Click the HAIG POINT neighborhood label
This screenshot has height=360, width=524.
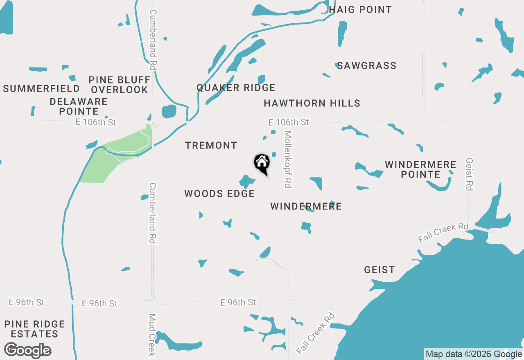click(360, 9)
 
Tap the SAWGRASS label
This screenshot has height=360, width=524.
click(366, 65)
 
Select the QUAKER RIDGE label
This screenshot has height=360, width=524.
click(236, 88)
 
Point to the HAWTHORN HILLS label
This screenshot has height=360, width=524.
click(312, 103)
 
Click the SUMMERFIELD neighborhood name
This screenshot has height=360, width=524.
click(41, 88)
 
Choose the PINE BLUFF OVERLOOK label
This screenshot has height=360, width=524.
click(119, 85)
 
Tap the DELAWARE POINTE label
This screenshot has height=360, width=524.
click(78, 106)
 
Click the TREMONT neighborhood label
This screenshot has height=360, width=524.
click(211, 145)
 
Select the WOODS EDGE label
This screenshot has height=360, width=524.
click(219, 193)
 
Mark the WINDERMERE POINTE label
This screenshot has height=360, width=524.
click(420, 169)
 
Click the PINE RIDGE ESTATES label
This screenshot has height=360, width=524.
click(35, 329)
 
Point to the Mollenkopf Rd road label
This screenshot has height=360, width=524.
click(288, 160)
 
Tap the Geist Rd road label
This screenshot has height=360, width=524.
click(470, 174)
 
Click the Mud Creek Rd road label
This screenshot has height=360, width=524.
click(152, 335)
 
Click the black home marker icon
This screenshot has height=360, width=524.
click(262, 163)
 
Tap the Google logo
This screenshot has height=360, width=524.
click(28, 350)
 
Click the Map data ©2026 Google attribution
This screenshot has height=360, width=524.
click(474, 354)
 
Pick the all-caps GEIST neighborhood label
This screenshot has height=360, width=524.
click(379, 270)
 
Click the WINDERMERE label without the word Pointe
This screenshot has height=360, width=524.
click(306, 206)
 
